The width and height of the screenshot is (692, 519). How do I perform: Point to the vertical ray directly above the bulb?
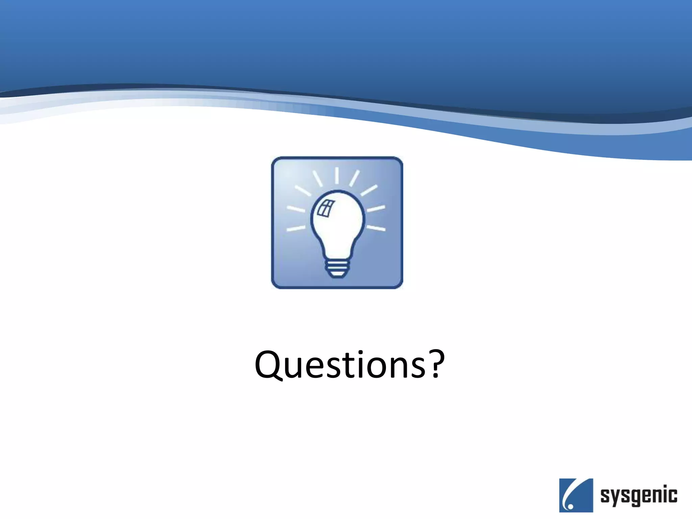[337, 176]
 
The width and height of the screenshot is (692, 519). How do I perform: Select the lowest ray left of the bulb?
[296, 229]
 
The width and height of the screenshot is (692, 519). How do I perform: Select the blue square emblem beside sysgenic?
[576, 495]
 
